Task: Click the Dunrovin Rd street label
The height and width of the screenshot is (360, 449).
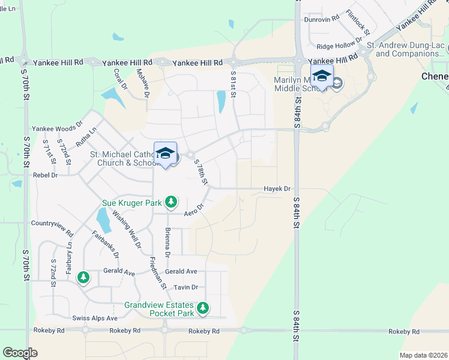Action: [322, 19]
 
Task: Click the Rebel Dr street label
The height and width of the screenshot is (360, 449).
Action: [45, 175]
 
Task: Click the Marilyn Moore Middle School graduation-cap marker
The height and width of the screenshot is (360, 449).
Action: [322, 76]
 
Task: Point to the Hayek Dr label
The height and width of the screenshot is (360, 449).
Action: [277, 188]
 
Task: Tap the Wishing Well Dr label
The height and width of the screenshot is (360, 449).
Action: [126, 233]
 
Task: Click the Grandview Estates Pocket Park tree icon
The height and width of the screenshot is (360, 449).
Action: [203, 308]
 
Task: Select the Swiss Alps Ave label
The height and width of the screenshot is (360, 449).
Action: [95, 317]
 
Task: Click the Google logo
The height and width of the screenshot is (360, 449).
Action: [20, 353]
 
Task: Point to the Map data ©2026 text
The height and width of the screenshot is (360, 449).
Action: [423, 355]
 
